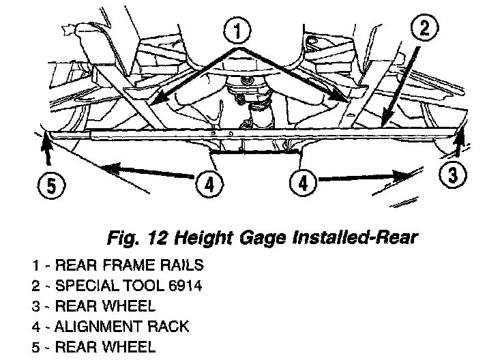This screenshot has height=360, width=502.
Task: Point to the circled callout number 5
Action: [x=48, y=185]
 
